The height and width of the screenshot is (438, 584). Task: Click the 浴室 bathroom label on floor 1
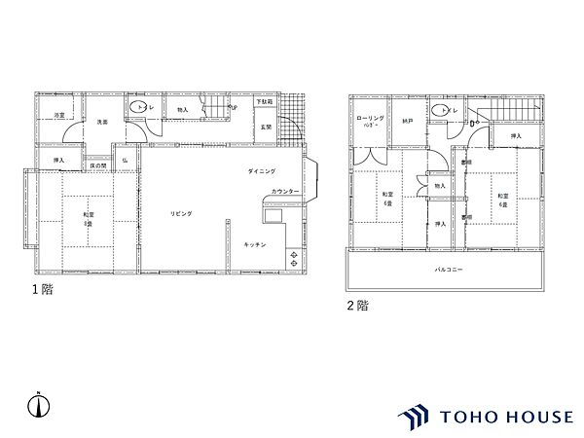tap(60, 115)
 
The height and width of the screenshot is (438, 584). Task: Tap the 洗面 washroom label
tap(101, 122)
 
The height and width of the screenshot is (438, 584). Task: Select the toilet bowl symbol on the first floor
tap(135, 107)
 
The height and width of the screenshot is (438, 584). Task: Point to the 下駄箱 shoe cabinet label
tap(265, 102)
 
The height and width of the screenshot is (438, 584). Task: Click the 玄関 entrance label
tap(266, 127)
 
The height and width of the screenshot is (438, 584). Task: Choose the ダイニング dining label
tap(261, 171)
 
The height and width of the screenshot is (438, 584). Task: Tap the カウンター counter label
tap(284, 191)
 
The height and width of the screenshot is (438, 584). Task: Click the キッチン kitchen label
tap(257, 243)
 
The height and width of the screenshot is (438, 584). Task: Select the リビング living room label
tap(181, 212)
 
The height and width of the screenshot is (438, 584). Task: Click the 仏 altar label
tap(126, 160)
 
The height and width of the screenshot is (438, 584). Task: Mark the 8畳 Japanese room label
tap(88, 219)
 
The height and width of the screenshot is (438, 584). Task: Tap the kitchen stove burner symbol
tap(295, 259)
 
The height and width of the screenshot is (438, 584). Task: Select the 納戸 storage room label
tap(409, 122)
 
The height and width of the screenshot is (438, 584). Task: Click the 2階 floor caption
tap(356, 305)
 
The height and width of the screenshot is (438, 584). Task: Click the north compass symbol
tap(36, 404)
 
